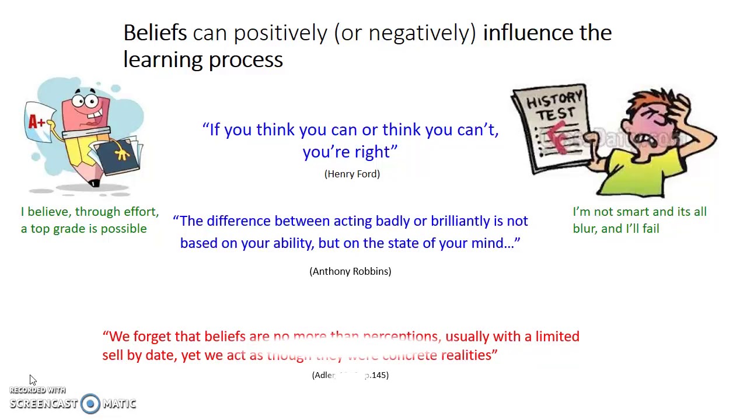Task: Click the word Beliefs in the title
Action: tap(155, 33)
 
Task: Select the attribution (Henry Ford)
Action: tap(352, 174)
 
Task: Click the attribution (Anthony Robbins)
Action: tap(350, 271)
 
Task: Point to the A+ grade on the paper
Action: tap(37, 121)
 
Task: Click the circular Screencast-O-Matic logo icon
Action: tap(90, 404)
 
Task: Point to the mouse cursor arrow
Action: tap(32, 380)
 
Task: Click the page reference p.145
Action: tap(376, 375)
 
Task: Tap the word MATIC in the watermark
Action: tap(120, 404)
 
